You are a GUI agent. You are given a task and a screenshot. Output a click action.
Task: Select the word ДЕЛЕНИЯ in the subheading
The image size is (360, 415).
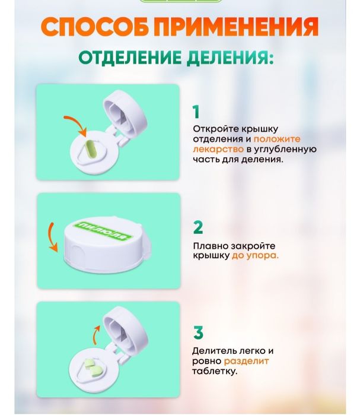tap(231, 58)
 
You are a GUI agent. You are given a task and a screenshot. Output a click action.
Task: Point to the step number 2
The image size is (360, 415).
tap(197, 227)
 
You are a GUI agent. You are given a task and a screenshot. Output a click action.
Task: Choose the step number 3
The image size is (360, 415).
tap(197, 332)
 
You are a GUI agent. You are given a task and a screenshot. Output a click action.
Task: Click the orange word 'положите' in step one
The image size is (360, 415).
tap(281, 138)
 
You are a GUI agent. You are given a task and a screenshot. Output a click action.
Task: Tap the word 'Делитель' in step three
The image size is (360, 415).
tap(213, 350)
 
